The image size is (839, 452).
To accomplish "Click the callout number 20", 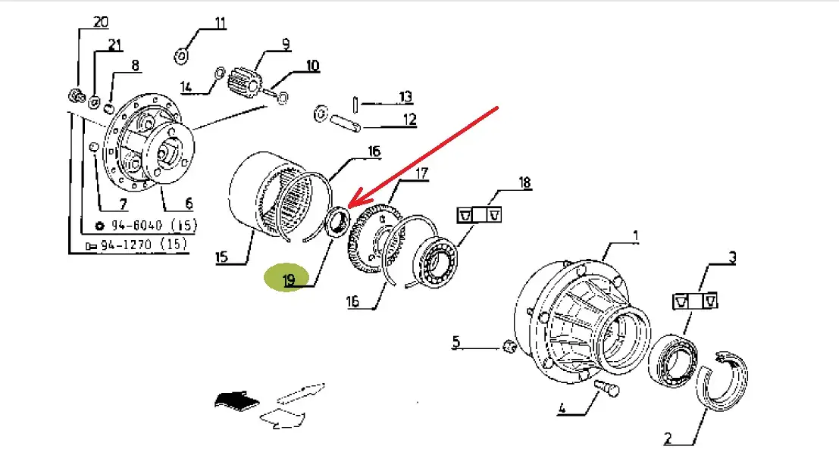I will coord(101,21).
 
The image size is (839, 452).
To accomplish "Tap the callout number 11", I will coord(220,23).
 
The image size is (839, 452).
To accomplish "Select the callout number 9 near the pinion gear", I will coord(286,44).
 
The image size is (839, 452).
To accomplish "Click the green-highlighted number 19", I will coord(289,281).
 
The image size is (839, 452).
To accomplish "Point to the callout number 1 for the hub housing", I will coord(635,236).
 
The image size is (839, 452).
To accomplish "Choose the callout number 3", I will coord(732,257).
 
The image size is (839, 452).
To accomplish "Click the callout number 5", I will coord(456,342).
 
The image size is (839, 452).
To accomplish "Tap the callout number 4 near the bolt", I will coord(562,410).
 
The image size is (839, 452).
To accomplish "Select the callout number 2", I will coord(668,437).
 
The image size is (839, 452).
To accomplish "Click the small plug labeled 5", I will coord(510,347).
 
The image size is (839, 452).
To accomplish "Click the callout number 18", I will coord(524,182).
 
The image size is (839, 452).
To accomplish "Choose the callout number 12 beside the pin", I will coord(409,119).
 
